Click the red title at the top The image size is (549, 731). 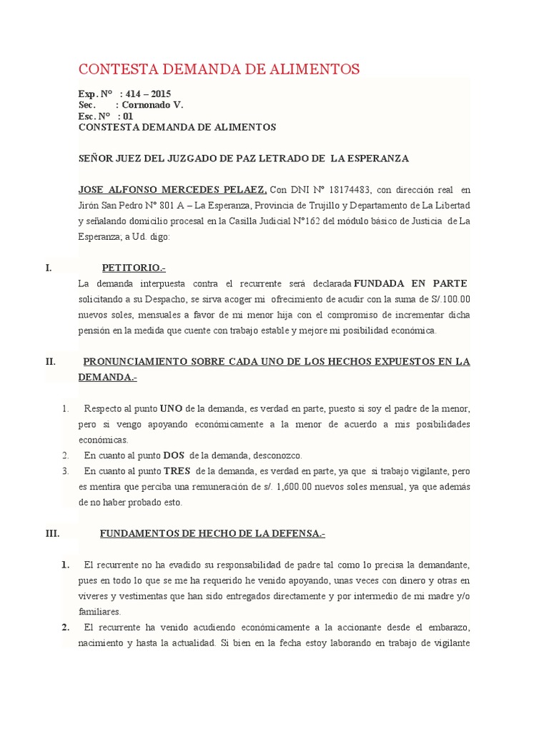coord(219,69)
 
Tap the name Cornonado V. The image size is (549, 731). coord(154,105)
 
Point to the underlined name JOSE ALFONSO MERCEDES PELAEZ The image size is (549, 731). coord(172,190)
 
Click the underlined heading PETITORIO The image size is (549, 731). coord(133,268)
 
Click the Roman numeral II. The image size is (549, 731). coord(51,361)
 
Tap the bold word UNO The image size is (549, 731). coord(171,409)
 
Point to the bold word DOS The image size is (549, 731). coord(174,455)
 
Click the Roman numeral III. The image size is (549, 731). coord(54,533)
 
